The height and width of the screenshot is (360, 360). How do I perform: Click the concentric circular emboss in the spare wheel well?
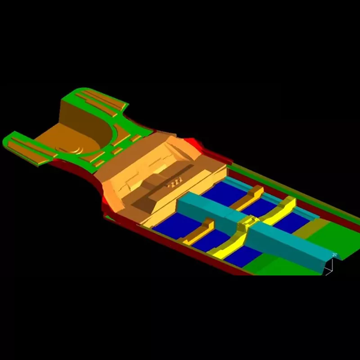click(75, 148)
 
